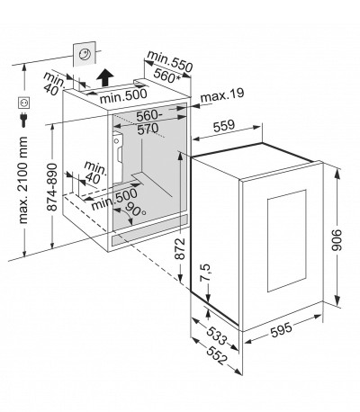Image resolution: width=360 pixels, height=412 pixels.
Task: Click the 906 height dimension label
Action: tap(337, 240)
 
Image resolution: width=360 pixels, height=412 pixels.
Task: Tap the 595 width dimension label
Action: tap(281, 329)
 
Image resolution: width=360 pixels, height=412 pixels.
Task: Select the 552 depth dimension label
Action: tap(216, 355)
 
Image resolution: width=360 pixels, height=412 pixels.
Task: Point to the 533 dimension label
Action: tap(216, 336)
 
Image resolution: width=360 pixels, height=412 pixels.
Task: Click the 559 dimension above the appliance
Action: tap(224, 126)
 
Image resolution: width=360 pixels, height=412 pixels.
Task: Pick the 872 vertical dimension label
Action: tap(180, 248)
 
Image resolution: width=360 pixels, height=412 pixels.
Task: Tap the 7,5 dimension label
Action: tap(206, 273)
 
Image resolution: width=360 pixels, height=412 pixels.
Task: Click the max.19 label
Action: tap(222, 95)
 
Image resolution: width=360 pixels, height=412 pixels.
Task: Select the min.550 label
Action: tap(169, 61)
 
